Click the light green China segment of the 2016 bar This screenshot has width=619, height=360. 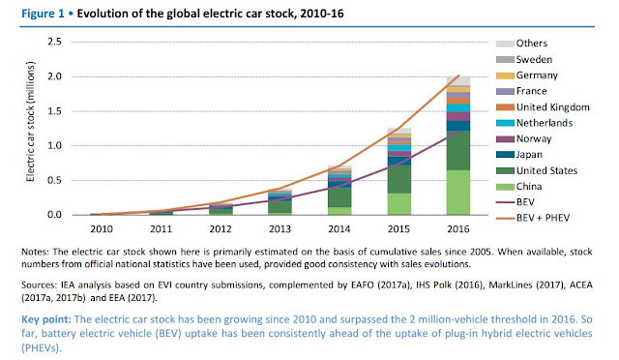point(458,193)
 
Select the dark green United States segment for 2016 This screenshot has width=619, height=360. point(458,151)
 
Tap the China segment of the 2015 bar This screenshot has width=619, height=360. point(399,204)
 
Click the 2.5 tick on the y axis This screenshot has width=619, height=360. point(54,42)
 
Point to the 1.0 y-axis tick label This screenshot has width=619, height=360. point(54,145)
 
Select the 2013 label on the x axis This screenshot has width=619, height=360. point(280,228)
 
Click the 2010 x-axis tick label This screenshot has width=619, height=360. point(102,228)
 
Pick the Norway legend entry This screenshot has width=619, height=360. point(523,138)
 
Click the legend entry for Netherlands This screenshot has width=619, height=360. point(534,123)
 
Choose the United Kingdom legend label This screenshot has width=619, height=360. point(552,107)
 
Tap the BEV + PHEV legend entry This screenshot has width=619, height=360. point(533,218)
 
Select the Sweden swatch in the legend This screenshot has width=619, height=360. point(505,60)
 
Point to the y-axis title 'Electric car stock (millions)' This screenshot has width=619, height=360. point(30,122)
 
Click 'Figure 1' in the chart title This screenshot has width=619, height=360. point(43,14)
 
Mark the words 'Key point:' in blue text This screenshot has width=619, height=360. point(46,319)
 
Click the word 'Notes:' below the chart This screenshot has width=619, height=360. point(35,252)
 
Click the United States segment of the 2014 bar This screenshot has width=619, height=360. point(339,197)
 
